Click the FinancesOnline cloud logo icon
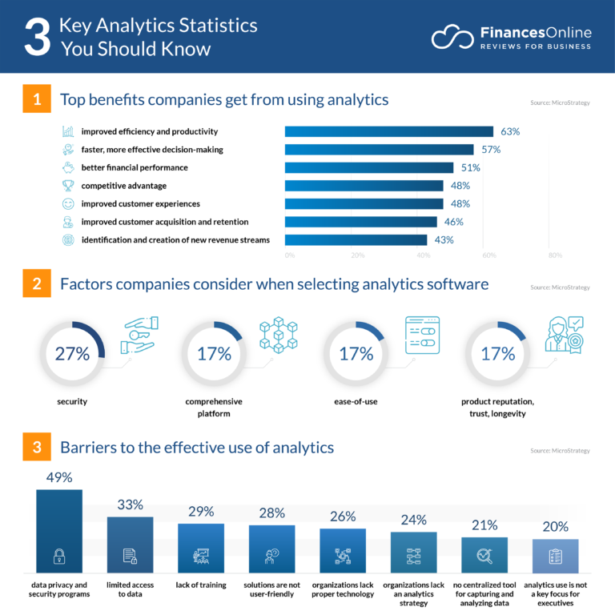click(x=452, y=38)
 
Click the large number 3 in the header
click(x=37, y=37)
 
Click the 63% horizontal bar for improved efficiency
click(x=388, y=131)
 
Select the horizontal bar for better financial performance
click(x=369, y=167)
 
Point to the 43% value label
click(x=444, y=239)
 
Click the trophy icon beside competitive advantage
click(x=68, y=186)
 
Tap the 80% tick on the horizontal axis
click(x=554, y=255)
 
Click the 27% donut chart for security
click(x=72, y=353)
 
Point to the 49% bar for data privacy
click(x=59, y=533)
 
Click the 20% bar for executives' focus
click(x=555, y=557)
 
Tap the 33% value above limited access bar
click(x=130, y=504)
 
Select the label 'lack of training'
click(x=201, y=584)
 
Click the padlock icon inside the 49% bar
click(x=59, y=556)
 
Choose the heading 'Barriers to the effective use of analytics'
click(x=197, y=448)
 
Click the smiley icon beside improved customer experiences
click(x=68, y=203)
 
